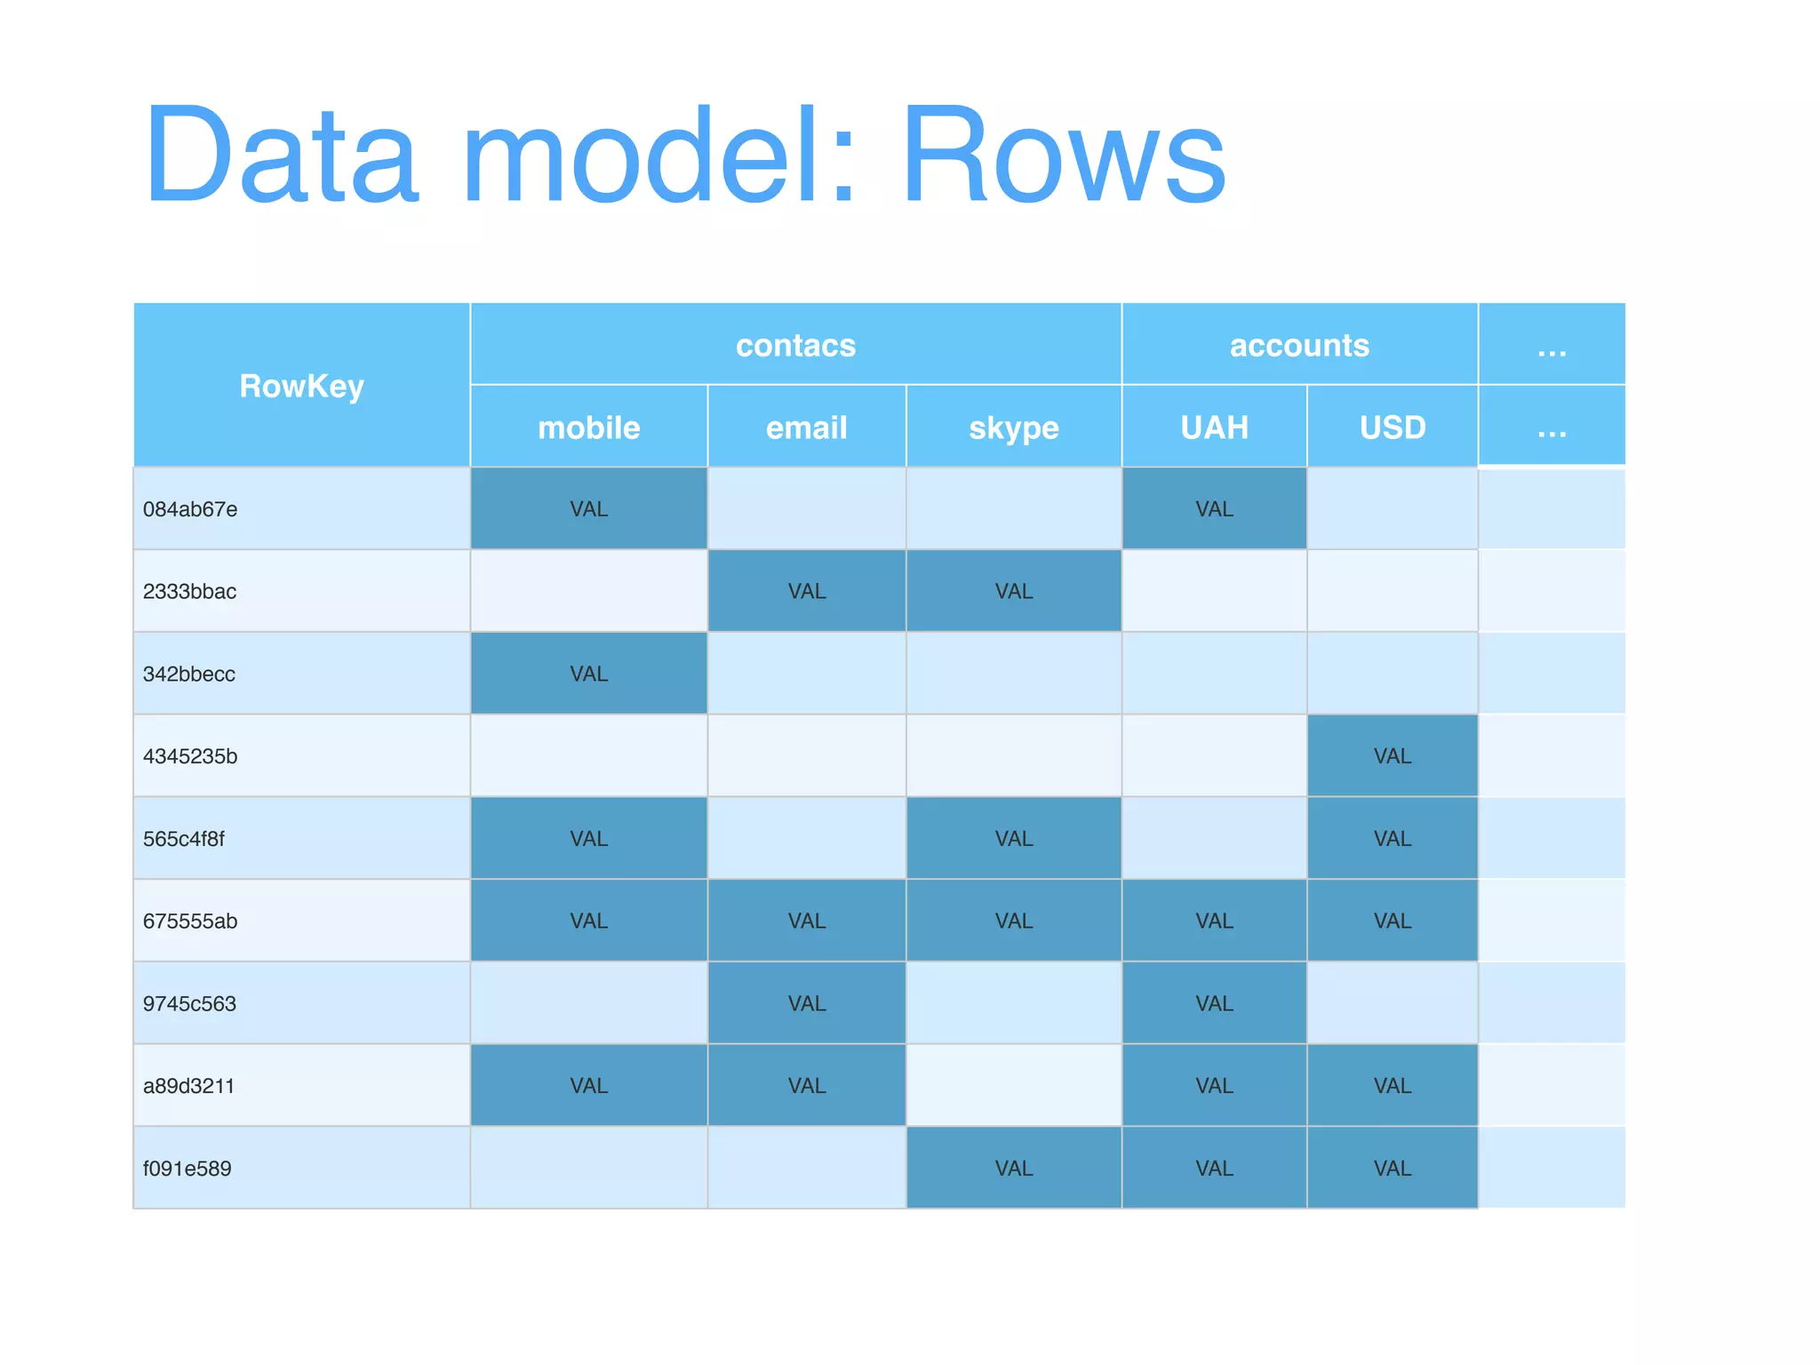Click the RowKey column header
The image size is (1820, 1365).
coord(301,386)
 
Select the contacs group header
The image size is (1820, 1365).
coord(795,345)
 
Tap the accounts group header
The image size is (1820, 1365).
coord(1299,345)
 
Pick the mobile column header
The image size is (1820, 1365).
coord(588,427)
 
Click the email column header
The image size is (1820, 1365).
coord(806,427)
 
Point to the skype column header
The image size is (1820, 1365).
coord(1013,427)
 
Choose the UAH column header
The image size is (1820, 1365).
coord(1214,427)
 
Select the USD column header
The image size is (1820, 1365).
coord(1392,427)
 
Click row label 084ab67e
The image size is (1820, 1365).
coord(190,509)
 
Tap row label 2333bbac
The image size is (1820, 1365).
coord(189,591)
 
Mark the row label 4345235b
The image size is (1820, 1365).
coord(190,756)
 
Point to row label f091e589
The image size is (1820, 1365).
coord(187,1169)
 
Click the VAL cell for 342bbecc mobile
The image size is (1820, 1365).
coord(588,674)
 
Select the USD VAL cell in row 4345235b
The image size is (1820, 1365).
coord(1392,756)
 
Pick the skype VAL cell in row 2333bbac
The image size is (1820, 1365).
coord(1013,591)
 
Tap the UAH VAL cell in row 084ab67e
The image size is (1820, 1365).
coord(1214,509)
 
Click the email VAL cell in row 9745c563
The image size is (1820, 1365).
coord(806,1003)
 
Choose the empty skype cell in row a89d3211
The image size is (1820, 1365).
coord(1013,1086)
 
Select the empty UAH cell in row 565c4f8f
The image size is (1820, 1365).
coord(1214,839)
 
